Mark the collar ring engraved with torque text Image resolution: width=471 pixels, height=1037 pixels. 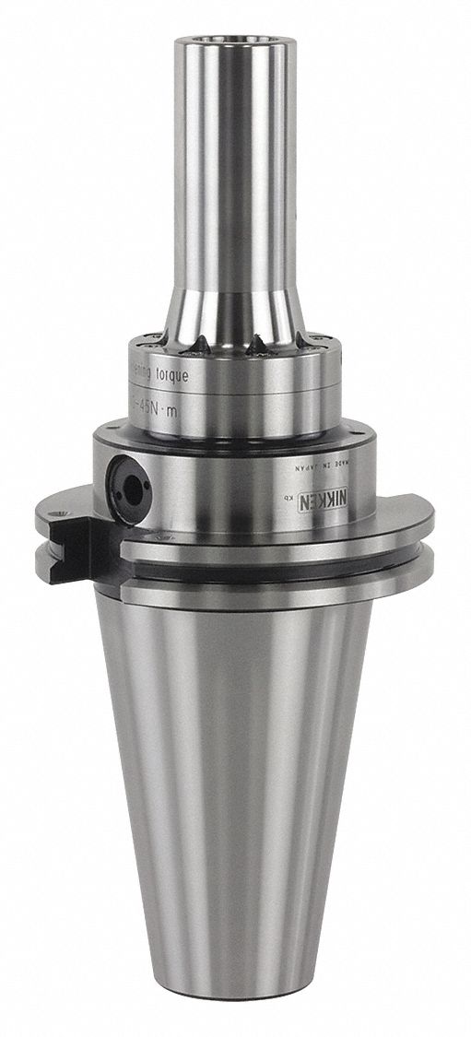pyautogui.click(x=230, y=387)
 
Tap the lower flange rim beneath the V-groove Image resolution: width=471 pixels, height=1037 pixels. pyautogui.click(x=277, y=595)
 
